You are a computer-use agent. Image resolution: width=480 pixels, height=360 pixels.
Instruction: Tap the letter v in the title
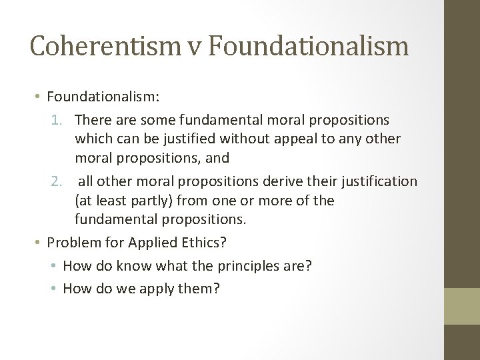(194, 46)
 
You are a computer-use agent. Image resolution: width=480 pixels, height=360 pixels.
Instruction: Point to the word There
(91, 121)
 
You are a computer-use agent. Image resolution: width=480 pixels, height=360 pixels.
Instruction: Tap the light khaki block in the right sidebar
(462, 306)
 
